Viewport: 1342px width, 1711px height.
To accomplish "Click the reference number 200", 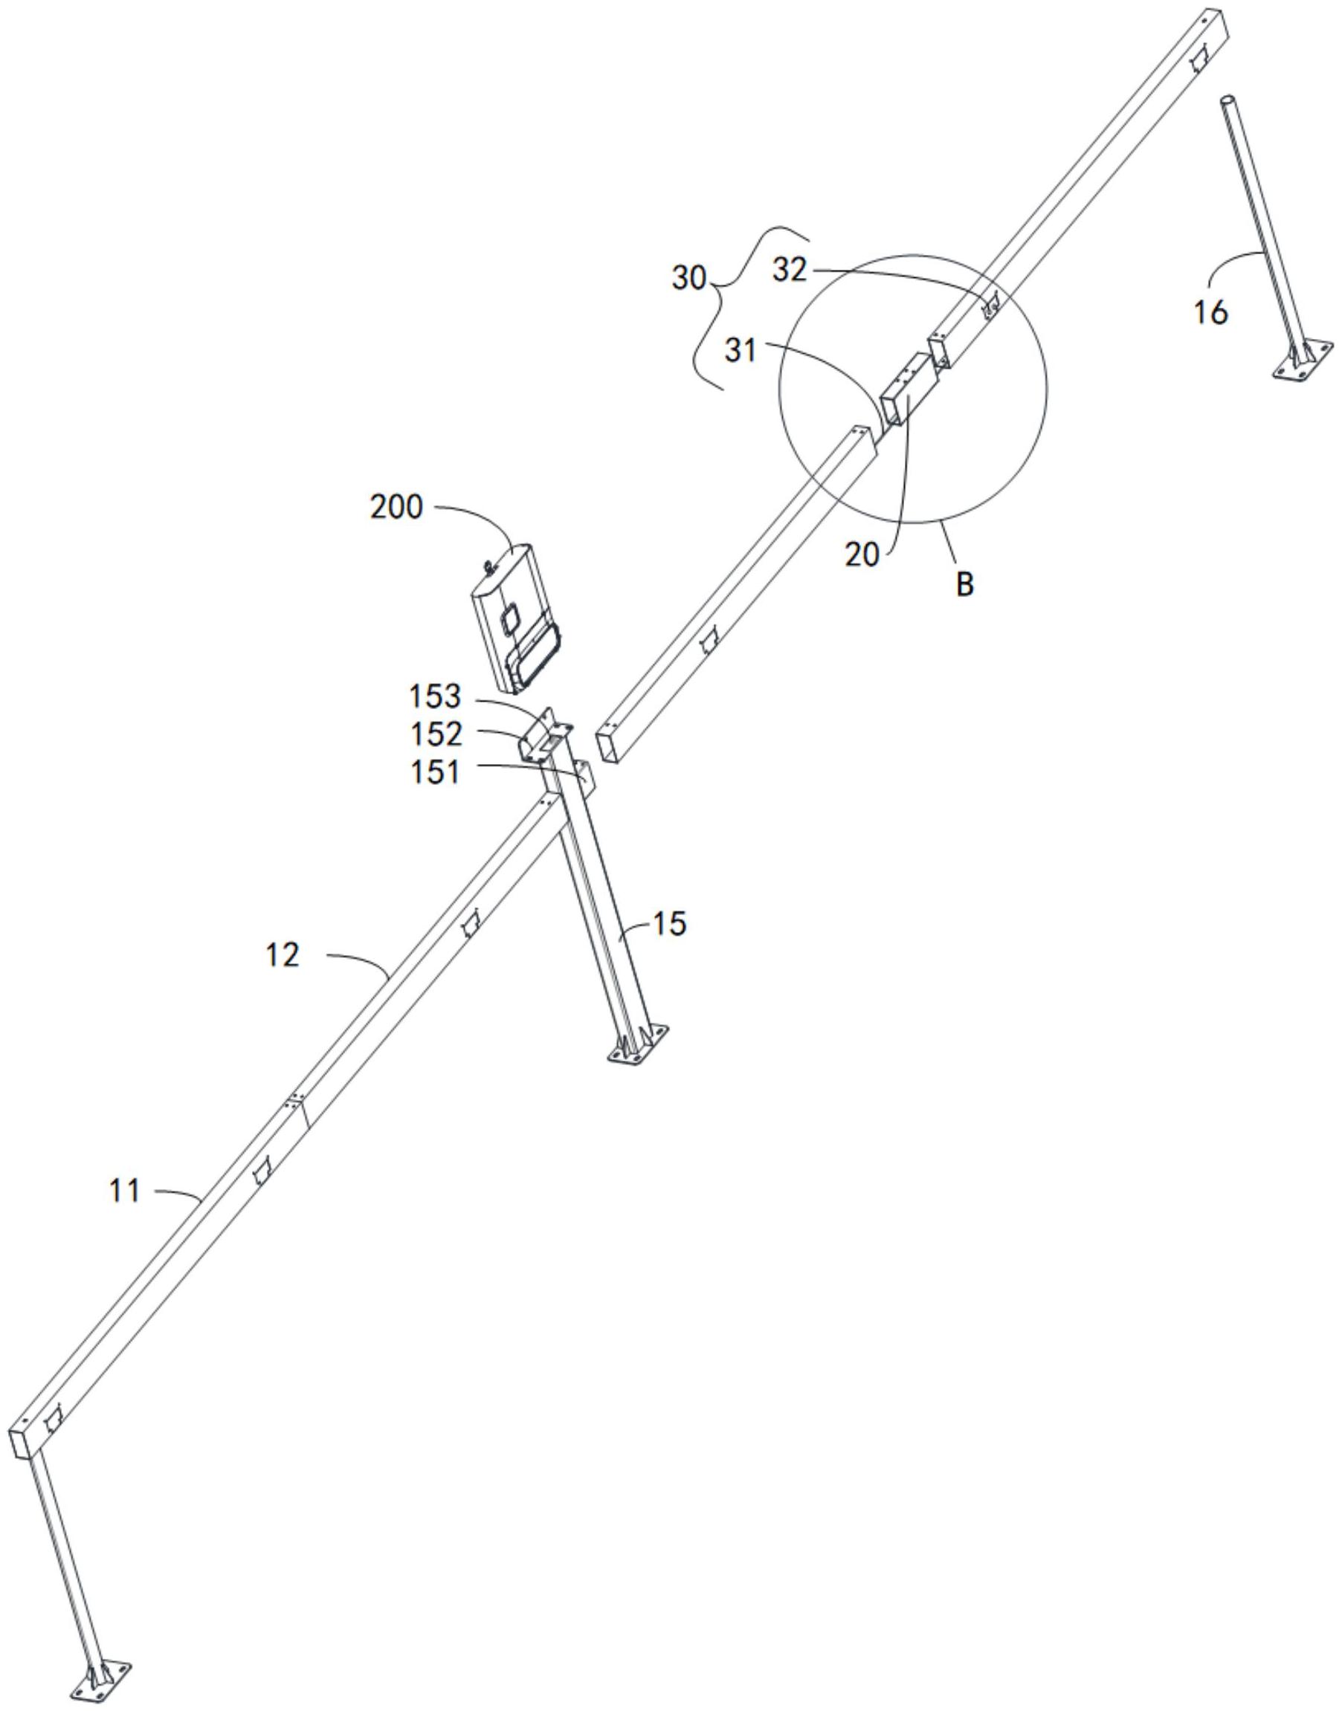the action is click(396, 508).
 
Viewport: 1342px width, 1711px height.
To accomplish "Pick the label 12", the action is click(282, 956).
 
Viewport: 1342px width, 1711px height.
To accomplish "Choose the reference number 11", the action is click(125, 1191).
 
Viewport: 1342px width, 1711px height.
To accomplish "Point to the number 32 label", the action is click(790, 271).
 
